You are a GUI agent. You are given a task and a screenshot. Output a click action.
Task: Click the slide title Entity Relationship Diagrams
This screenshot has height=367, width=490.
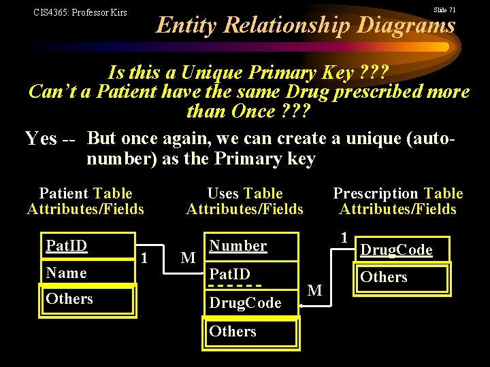306,25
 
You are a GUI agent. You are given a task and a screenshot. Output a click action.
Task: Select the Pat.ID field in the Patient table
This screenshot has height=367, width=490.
66,245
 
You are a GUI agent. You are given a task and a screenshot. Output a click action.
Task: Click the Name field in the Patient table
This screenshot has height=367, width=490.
66,273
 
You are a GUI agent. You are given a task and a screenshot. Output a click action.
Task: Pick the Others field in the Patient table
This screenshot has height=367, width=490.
69,298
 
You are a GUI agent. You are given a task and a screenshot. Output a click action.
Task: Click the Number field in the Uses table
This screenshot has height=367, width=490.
238,245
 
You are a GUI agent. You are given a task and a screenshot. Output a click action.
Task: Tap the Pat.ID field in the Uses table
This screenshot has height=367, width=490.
230,275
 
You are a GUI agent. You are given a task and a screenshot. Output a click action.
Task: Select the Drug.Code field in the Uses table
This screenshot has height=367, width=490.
245,303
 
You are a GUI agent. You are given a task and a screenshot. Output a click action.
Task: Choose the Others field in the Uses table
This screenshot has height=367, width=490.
233,331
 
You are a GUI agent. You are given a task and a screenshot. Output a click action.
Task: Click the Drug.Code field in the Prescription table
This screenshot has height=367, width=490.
396,249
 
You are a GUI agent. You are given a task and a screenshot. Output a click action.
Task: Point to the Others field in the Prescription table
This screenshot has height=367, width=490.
384,277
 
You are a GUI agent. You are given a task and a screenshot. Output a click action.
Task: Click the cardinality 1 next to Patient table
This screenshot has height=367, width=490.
144,256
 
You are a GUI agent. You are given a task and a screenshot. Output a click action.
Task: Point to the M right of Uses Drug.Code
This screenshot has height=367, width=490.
315,290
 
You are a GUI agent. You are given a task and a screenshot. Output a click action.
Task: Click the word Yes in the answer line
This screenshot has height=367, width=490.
41,139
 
